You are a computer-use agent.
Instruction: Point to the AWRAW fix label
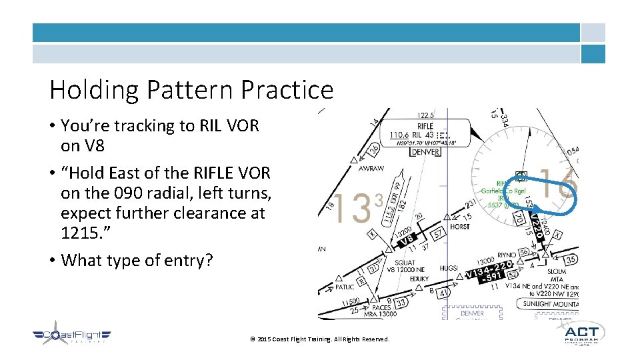pyautogui.click(x=371, y=169)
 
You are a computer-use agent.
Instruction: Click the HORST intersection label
pyautogui.click(x=459, y=226)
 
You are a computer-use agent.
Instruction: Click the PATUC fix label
pyautogui.click(x=344, y=287)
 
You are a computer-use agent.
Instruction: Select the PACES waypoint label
pyautogui.click(x=382, y=307)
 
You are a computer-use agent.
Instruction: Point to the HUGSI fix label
pyautogui.click(x=449, y=268)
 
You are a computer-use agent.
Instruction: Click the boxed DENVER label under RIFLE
pyautogui.click(x=425, y=152)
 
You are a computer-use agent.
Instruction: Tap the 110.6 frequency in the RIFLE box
pyautogui.click(x=399, y=134)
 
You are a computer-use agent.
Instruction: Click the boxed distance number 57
pyautogui.click(x=438, y=235)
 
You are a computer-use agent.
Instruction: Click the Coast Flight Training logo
pyautogui.click(x=73, y=337)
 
